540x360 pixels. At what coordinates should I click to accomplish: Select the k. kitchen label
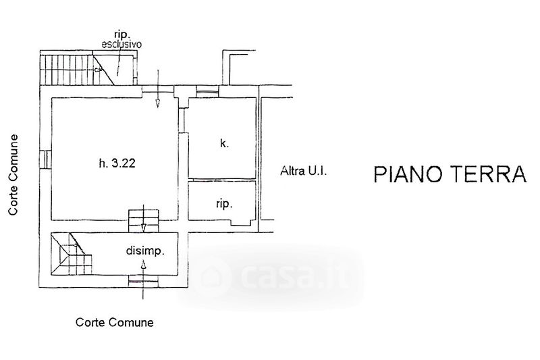coord(224,143)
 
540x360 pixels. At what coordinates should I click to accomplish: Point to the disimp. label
coord(146,252)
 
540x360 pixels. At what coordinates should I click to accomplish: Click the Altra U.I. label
coord(303,172)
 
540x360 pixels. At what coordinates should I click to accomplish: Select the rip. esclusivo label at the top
coord(121,38)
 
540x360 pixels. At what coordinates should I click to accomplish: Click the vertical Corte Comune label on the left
coord(13,174)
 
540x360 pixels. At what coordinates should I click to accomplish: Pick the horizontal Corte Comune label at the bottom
coord(114,322)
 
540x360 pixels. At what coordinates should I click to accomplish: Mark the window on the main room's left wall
coord(47,159)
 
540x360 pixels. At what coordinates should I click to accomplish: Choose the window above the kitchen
coord(205,91)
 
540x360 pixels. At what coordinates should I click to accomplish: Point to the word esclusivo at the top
coord(121,45)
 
